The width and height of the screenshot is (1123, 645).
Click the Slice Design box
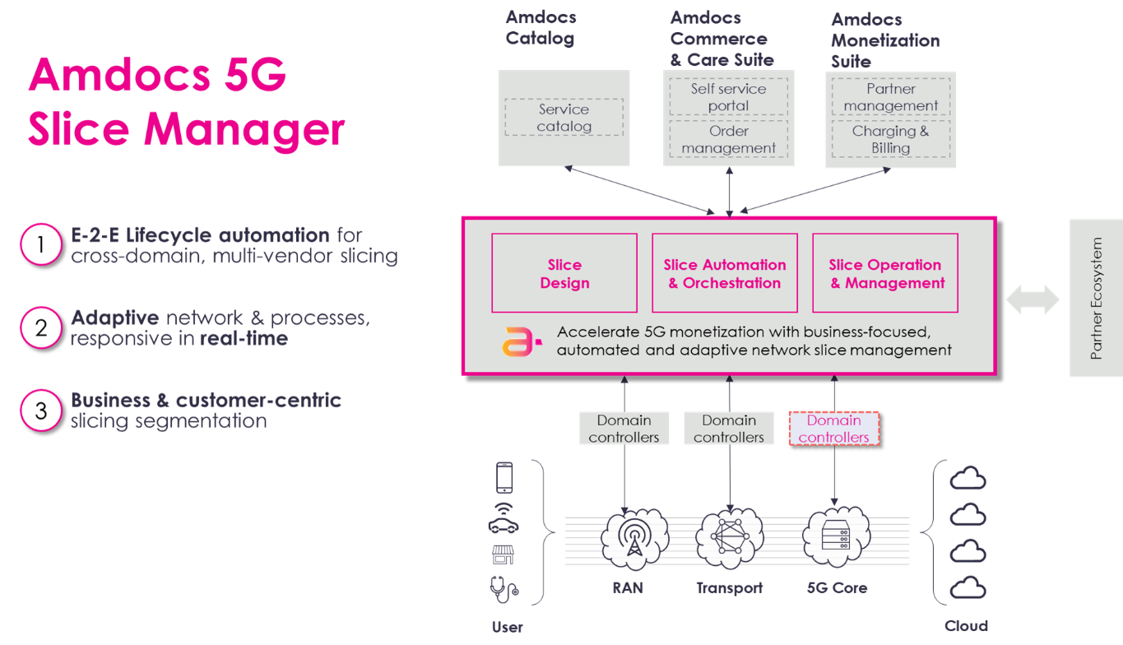564,273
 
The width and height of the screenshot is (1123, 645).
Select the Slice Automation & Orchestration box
724,273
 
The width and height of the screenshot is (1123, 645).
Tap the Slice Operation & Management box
885,273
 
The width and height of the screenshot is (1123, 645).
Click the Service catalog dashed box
564,118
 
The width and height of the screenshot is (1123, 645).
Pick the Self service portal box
728,97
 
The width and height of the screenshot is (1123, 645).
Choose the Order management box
728,140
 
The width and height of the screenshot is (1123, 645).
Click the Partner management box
890,97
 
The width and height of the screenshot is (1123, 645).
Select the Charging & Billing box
890,140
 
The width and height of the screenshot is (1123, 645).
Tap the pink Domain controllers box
833,429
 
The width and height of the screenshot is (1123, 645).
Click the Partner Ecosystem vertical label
1095,298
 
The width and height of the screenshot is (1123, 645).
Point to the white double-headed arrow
1033,299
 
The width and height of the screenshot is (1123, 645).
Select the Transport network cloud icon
728,539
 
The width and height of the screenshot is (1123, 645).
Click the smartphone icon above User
503,478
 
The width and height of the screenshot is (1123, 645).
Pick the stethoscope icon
503,589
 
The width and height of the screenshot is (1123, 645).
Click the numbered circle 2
41,328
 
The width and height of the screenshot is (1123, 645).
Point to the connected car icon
503,520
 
